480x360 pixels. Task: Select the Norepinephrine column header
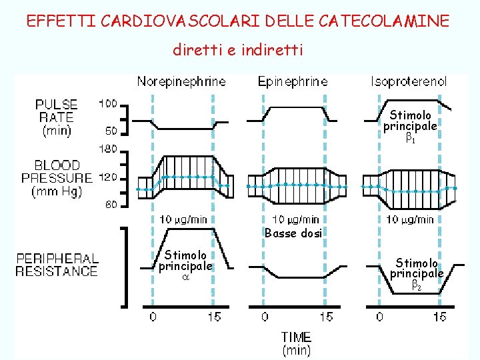pyautogui.click(x=181, y=82)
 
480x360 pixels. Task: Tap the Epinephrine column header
pyautogui.click(x=293, y=82)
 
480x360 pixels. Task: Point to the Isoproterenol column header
pyautogui.click(x=409, y=82)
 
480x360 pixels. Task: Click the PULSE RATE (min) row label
pyautogui.click(x=57, y=117)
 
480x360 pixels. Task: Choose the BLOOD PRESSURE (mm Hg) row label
pyautogui.click(x=57, y=178)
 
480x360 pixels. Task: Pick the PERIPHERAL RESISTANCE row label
pyautogui.click(x=57, y=265)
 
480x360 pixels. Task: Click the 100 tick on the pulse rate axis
pyautogui.click(x=108, y=104)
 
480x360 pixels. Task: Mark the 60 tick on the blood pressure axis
pyautogui.click(x=111, y=205)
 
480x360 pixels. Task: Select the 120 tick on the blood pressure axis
pyautogui.click(x=108, y=177)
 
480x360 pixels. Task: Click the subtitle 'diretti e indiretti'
pyautogui.click(x=238, y=50)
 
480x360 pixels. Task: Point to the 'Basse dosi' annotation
pyautogui.click(x=293, y=233)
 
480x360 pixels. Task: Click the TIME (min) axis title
pyautogui.click(x=296, y=343)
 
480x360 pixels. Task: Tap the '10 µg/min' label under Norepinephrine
pyautogui.click(x=183, y=219)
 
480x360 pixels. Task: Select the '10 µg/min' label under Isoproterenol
pyautogui.click(x=410, y=219)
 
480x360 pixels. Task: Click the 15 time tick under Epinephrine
pyautogui.click(x=326, y=317)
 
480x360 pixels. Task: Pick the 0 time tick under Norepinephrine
pyautogui.click(x=153, y=317)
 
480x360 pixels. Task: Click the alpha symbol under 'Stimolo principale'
pyautogui.click(x=185, y=277)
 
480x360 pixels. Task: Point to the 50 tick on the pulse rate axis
pyautogui.click(x=111, y=131)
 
